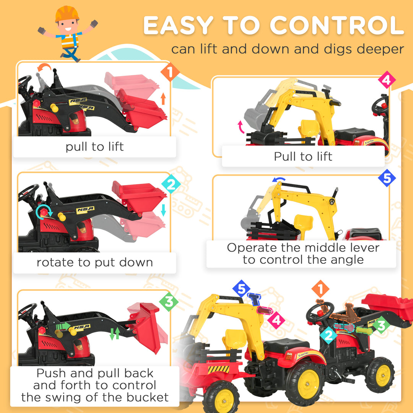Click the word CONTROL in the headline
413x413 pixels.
point(337,26)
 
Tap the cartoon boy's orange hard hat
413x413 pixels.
point(67,14)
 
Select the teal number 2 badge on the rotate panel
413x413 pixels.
point(171,185)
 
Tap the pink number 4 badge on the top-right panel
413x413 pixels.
point(387,80)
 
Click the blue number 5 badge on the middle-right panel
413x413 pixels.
point(387,178)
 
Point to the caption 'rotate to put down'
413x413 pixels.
point(94,263)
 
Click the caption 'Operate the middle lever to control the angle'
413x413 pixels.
point(303,254)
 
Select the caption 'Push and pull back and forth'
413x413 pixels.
point(94,385)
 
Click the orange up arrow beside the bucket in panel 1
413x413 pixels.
point(163,99)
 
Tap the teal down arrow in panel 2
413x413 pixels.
point(164,210)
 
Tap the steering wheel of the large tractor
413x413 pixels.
point(320,314)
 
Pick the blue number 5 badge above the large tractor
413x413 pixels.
point(242,289)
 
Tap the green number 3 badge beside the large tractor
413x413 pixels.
point(381,325)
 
